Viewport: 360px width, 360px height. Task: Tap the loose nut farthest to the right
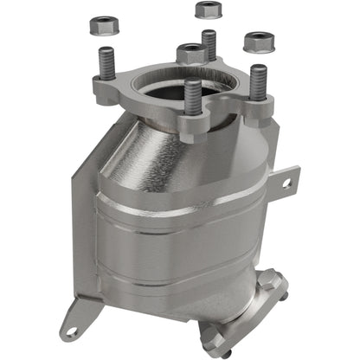pyautogui.click(x=258, y=41)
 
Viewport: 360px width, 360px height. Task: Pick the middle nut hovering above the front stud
pyautogui.click(x=191, y=54)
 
